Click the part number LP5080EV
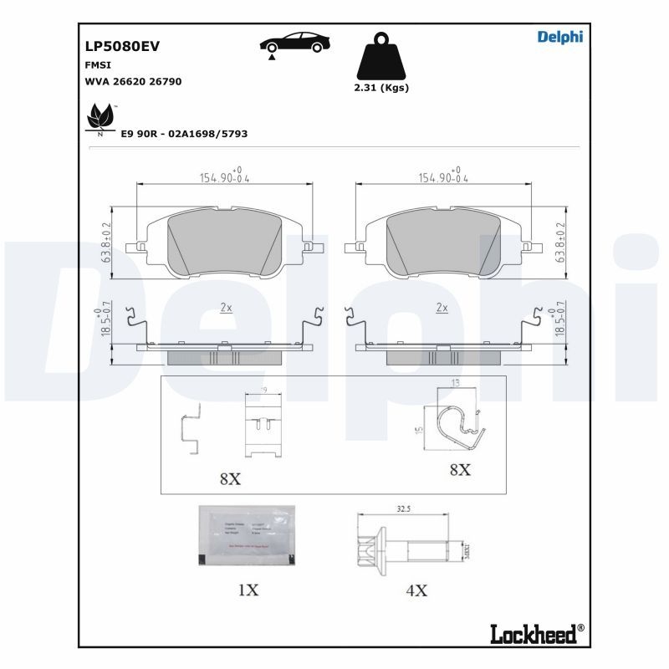tap(122, 48)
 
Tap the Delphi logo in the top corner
tap(559, 36)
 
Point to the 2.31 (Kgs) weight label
tap(381, 88)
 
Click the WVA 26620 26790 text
tap(134, 81)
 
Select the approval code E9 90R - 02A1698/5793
tap(184, 134)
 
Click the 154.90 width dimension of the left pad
tap(223, 177)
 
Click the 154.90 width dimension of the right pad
tap(443, 177)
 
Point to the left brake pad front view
tap(223, 243)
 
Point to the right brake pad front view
tap(443, 243)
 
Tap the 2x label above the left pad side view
tap(226, 308)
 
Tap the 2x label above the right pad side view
tap(442, 308)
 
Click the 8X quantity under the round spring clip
tap(459, 470)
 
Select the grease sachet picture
tap(247, 535)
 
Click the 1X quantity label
tap(248, 590)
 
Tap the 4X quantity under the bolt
tap(416, 590)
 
